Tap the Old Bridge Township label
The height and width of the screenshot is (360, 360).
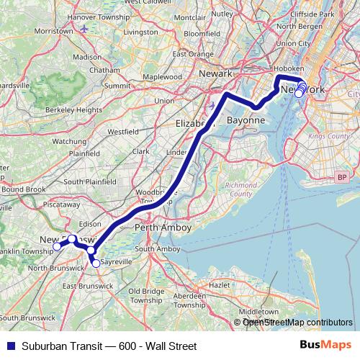(x=147, y=295)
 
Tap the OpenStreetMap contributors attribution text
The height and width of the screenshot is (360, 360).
(x=297, y=323)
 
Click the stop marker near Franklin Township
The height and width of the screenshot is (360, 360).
(x=58, y=247)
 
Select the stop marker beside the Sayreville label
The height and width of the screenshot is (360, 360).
(x=96, y=264)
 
